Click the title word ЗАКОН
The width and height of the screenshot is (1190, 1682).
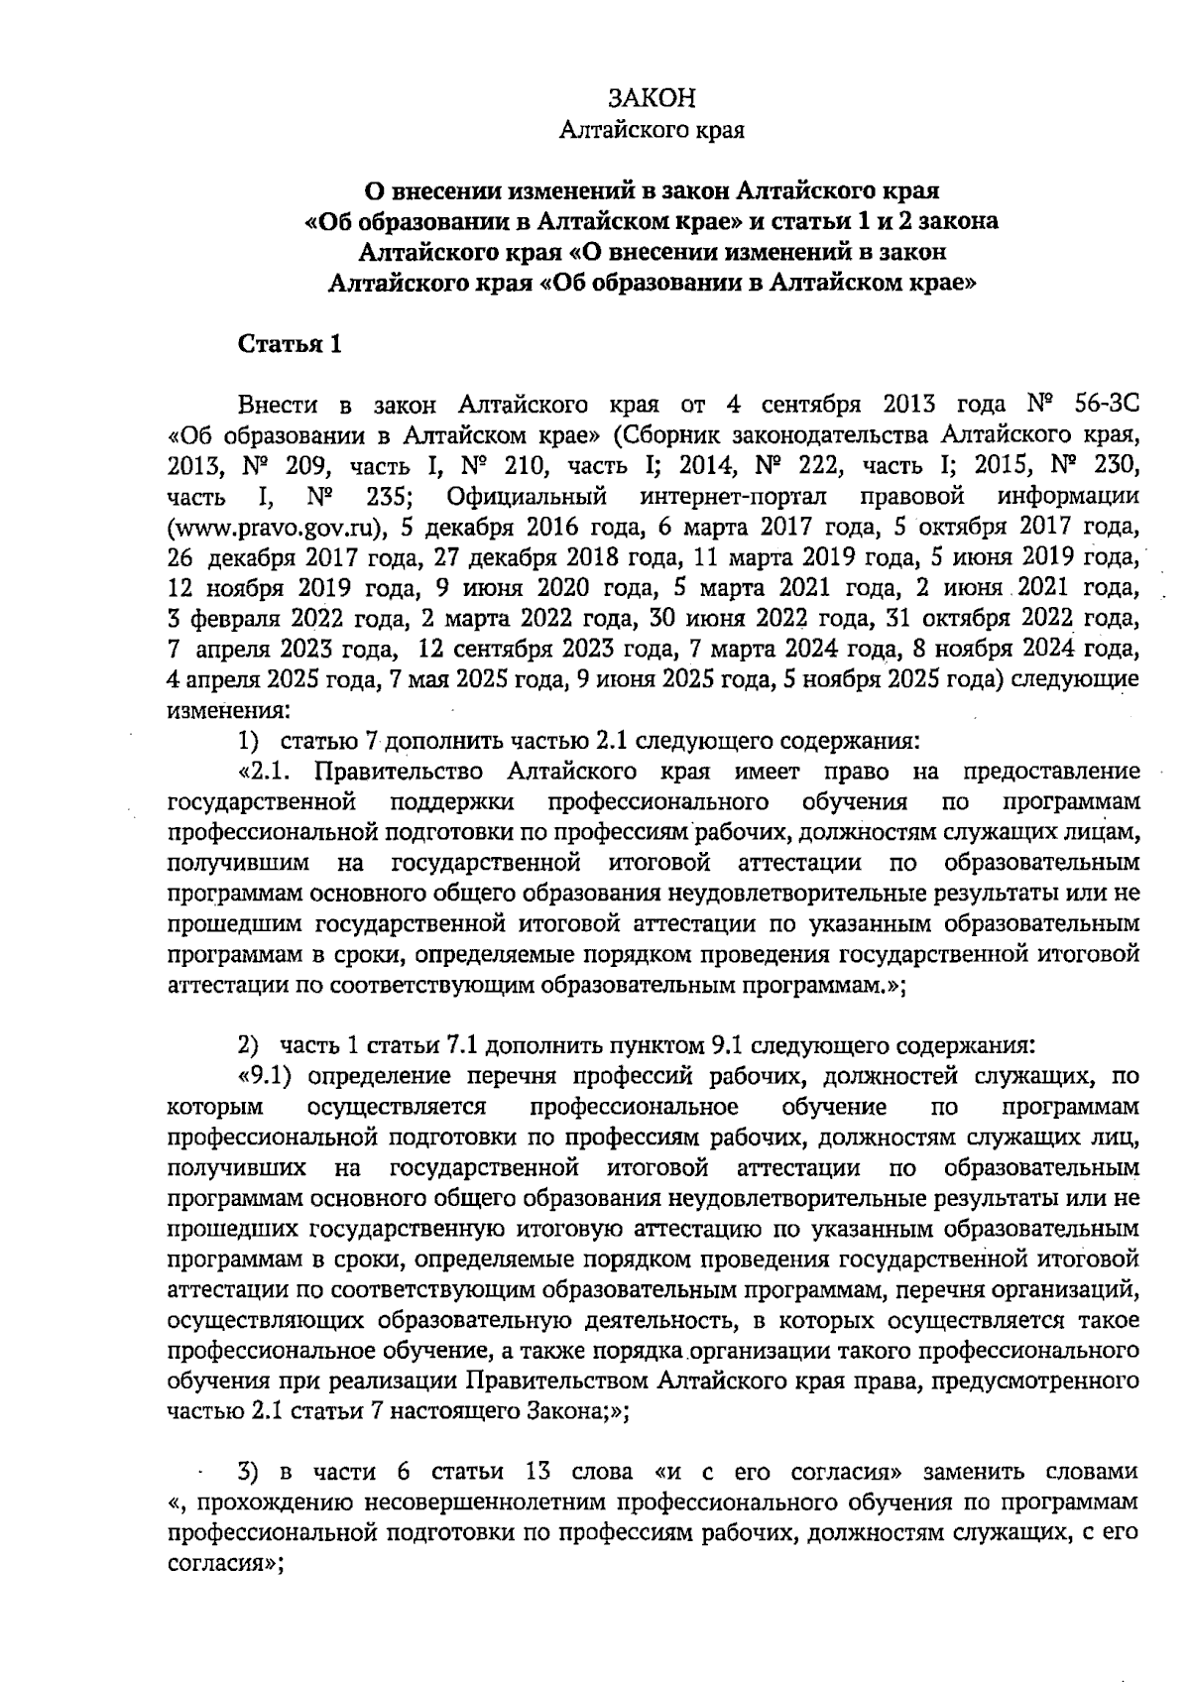[x=652, y=97]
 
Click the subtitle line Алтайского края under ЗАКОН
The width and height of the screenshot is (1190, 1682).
[x=652, y=130]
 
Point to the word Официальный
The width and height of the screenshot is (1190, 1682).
[x=527, y=495]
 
